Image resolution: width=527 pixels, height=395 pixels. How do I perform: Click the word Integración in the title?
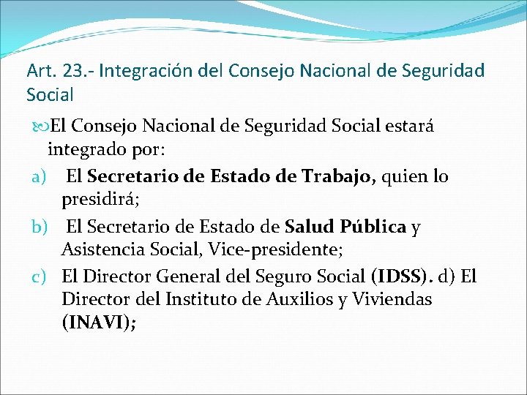pyautogui.click(x=139, y=72)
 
